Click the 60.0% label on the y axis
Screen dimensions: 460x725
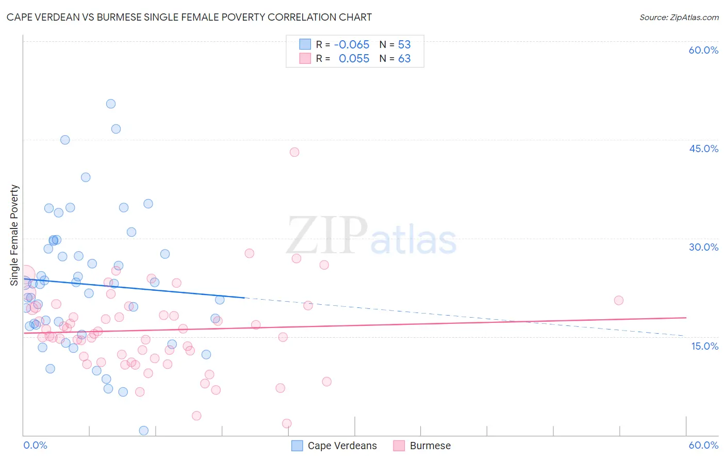[703, 50]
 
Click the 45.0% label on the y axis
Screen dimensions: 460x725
[703, 149]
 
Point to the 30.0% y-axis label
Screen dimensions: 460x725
[703, 247]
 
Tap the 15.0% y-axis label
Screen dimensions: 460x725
[704, 346]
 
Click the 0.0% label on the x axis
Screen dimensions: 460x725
[35, 445]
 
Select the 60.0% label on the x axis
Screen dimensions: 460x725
[703, 445]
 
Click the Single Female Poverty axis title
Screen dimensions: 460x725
[14, 235]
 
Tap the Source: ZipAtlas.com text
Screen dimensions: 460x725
[679, 17]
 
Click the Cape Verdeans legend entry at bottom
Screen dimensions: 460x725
[342, 446]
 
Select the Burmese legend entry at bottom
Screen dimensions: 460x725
[430, 446]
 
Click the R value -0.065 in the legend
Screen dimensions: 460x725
[352, 44]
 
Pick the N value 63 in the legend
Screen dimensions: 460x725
[404, 58]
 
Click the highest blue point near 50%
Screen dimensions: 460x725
[111, 104]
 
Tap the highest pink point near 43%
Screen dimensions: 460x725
[294, 152]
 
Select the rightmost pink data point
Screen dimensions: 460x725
[619, 300]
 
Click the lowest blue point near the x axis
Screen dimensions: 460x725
[144, 431]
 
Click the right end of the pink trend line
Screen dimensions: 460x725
[686, 318]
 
